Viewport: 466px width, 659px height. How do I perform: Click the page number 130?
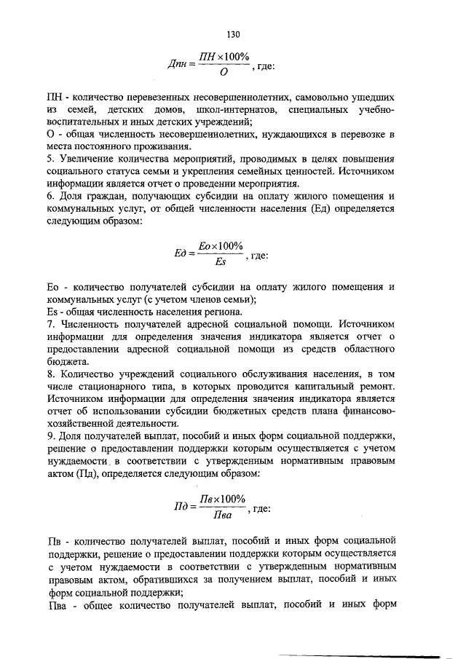(233, 34)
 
